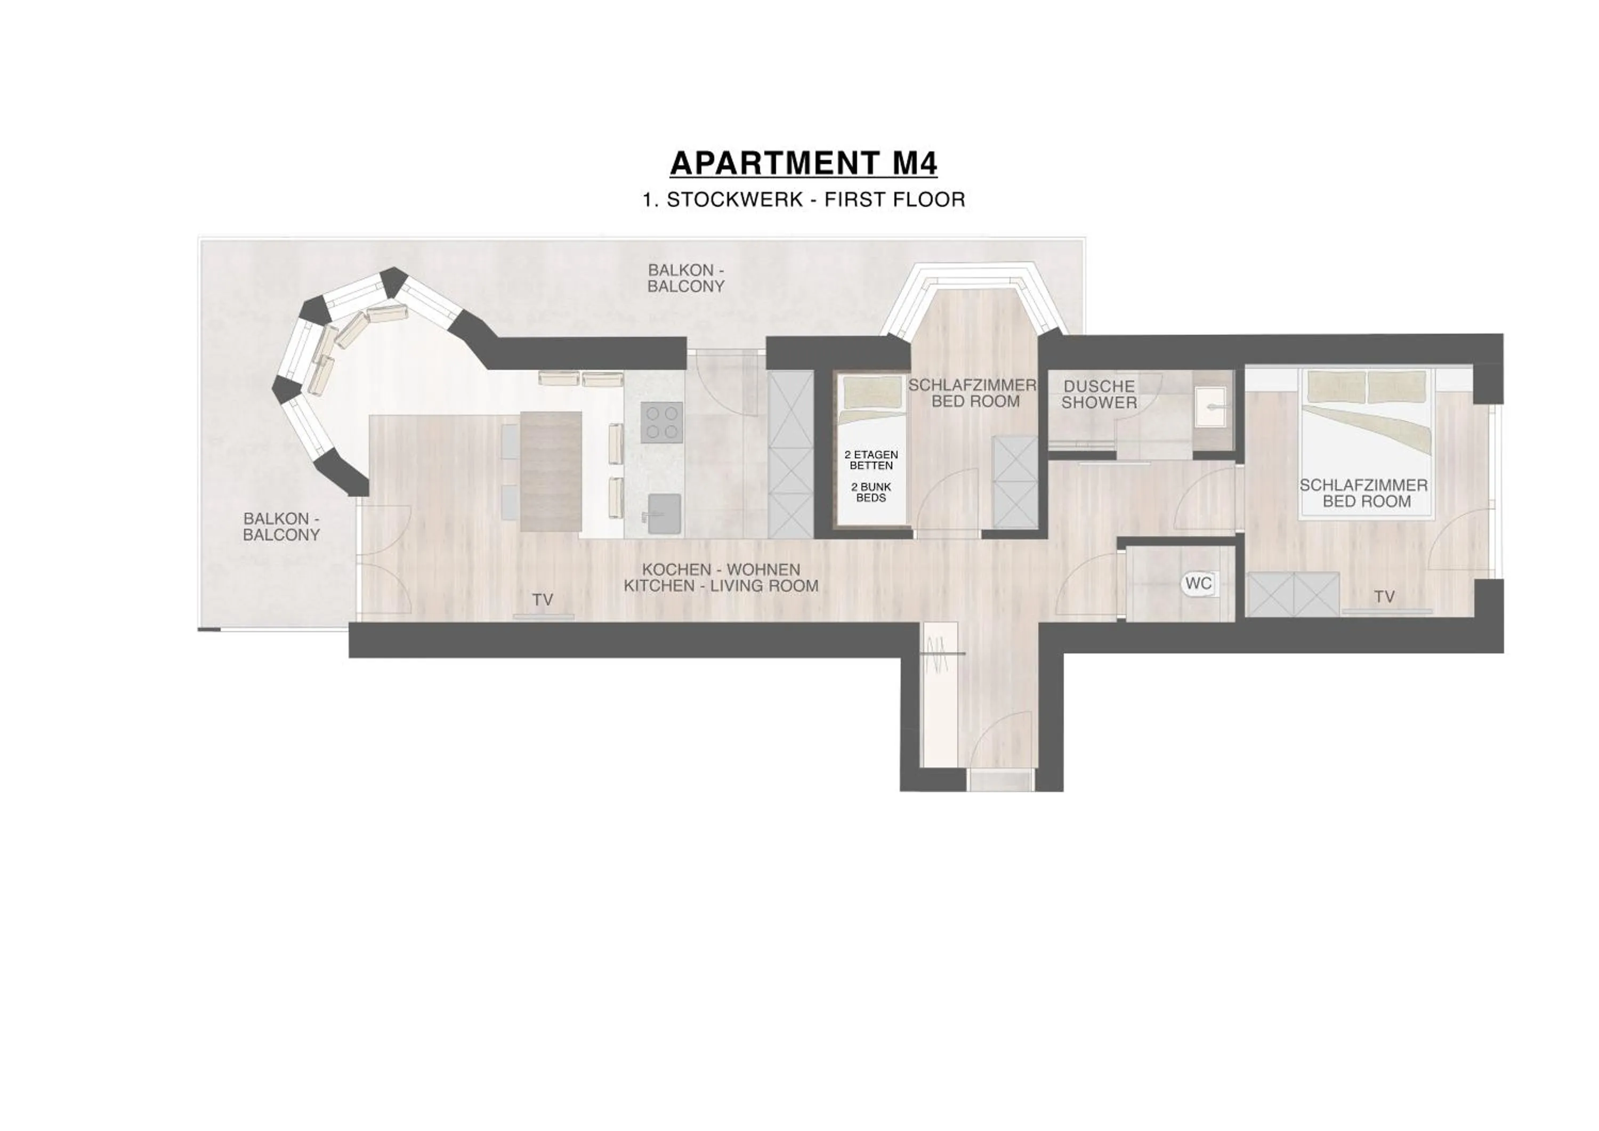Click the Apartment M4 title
(x=803, y=163)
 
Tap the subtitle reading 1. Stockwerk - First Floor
(x=803, y=200)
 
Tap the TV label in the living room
(x=543, y=600)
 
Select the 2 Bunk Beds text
(x=871, y=492)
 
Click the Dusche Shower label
(x=1099, y=394)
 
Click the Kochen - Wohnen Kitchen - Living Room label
(x=721, y=578)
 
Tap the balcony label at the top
(x=685, y=278)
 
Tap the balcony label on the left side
(x=281, y=527)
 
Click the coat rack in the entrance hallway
(x=940, y=655)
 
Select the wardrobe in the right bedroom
(x=1293, y=595)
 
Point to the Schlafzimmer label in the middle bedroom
(x=972, y=393)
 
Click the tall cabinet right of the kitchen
(x=790, y=454)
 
